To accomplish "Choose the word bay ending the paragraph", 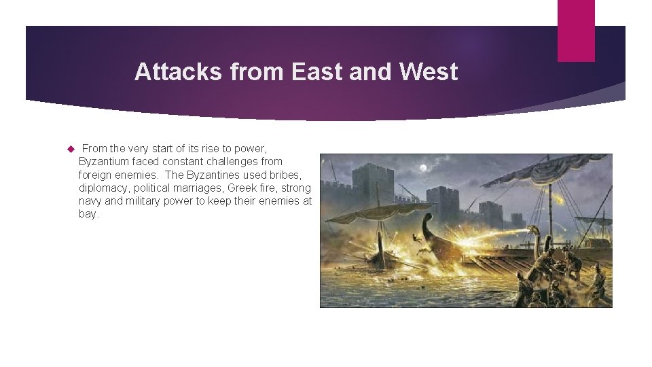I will [88, 213].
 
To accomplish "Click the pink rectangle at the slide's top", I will [576, 31].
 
